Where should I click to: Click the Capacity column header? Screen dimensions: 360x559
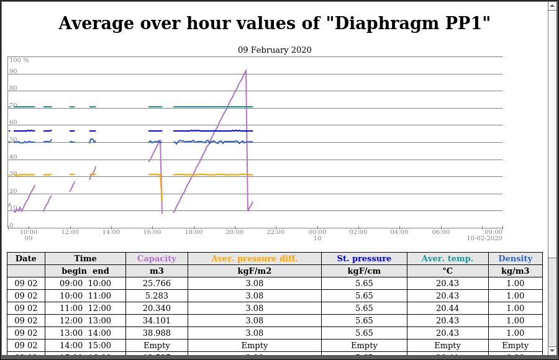pos(157,259)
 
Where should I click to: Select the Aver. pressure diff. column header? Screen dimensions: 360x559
pos(254,259)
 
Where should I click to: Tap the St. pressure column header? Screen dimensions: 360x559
pos(364,259)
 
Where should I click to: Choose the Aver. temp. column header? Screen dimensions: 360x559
pos(447,259)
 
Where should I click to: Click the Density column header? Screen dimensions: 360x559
pos(515,259)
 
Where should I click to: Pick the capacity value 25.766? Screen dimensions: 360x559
pos(157,284)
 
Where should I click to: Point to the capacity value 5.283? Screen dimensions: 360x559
pos(157,296)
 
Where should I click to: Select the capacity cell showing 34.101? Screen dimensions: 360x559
pos(157,321)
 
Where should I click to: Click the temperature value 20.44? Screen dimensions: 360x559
pos(447,308)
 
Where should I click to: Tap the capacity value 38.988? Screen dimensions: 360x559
pos(157,333)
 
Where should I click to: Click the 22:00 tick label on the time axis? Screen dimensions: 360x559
pos(276,232)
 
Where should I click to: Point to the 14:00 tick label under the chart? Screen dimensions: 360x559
pos(111,232)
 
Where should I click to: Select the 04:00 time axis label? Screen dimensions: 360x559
pos(399,232)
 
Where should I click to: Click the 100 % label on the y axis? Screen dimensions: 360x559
pos(19,60)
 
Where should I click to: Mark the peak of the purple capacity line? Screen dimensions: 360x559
pos(246,70)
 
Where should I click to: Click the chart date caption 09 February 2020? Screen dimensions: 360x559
pos(275,50)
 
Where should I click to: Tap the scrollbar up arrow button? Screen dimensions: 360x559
pos(552,6)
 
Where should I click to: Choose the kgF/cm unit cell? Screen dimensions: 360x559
pos(364,271)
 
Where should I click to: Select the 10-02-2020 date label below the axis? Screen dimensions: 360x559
pos(484,238)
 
